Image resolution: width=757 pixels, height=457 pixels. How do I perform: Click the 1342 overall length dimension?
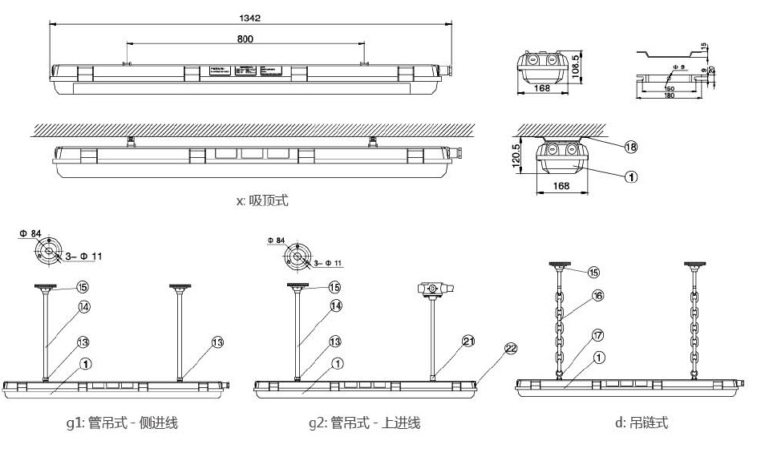250,16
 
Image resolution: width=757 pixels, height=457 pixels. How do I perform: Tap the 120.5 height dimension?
517,153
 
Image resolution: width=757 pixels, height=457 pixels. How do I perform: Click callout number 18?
631,147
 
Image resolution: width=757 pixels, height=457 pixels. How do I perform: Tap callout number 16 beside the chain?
597,295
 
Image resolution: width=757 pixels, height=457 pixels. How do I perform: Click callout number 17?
597,335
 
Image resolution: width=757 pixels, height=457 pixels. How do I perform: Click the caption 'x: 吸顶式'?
262,201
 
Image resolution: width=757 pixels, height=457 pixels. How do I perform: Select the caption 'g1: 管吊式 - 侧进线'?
122,423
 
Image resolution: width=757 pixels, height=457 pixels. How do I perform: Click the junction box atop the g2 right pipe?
435,289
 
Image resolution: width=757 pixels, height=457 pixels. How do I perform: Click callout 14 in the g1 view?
84,305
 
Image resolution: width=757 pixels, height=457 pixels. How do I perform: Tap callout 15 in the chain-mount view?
593,273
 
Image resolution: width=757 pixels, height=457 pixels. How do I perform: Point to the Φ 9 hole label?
678,67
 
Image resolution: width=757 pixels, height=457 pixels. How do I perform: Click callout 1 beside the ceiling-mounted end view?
631,176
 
